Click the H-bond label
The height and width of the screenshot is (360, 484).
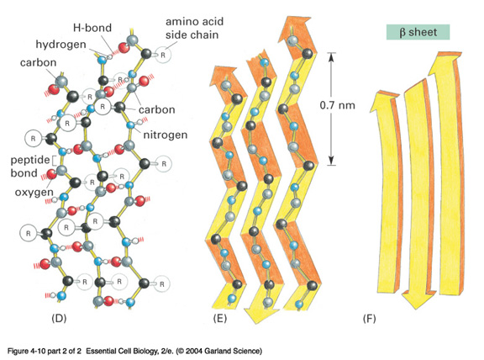pos(92,28)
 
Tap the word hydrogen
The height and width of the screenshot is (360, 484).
pos(60,45)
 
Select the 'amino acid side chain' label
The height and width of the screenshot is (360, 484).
pos(194,28)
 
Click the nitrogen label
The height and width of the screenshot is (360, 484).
pos(166,135)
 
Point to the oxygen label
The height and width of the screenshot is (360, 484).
pos(34,193)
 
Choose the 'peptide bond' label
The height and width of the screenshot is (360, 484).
pos(30,167)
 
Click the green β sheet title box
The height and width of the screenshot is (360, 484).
pos(418,32)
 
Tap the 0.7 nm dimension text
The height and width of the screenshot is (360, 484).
pos(338,105)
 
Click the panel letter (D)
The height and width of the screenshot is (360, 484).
pos(59,318)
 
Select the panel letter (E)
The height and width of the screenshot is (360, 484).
pos(220,318)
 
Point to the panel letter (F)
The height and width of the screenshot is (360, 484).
pos(369,318)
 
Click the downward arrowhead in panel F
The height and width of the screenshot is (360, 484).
pos(414,300)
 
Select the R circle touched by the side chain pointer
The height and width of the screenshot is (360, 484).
pos(163,55)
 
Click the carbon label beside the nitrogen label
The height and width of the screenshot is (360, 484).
pos(157,109)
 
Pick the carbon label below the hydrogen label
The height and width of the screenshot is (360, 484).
pos(39,63)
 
